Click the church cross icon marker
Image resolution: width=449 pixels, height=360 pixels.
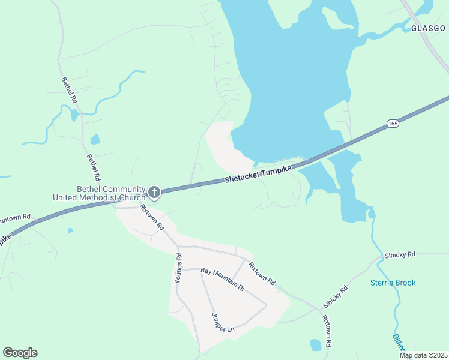tap(154, 192)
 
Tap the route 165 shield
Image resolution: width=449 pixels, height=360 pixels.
tap(393, 123)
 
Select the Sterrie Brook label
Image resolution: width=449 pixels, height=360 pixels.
tap(393, 283)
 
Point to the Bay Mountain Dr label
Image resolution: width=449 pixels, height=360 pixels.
tap(223, 280)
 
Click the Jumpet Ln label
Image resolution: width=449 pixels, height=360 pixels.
tap(221, 322)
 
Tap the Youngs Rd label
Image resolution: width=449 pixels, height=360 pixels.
tap(178, 268)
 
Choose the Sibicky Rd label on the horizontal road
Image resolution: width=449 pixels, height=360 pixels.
tap(401, 254)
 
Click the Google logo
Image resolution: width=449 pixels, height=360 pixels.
tap(20, 353)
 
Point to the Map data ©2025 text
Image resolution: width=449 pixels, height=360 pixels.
tap(424, 355)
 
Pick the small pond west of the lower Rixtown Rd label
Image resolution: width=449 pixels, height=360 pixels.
tap(316, 344)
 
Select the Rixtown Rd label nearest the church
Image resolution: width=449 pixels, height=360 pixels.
tap(152, 217)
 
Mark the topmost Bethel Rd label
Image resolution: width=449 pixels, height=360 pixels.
tap(70, 89)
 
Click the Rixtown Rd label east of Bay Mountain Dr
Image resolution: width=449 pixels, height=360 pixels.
tap(262, 274)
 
